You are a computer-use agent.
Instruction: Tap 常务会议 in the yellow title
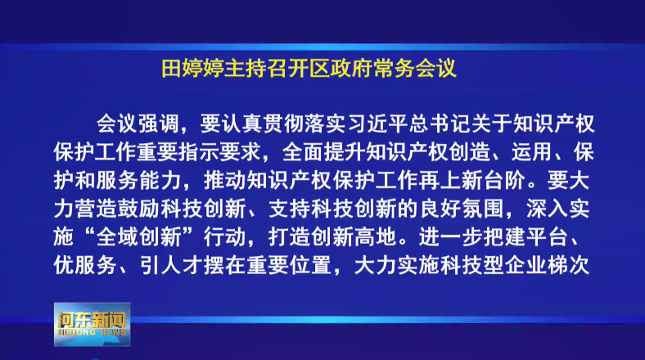coord(415,69)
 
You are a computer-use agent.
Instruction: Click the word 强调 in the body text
coord(158,124)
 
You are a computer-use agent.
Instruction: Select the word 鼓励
coord(138,209)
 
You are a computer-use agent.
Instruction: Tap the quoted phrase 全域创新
coord(138,237)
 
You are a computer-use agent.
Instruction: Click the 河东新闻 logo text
coord(92,319)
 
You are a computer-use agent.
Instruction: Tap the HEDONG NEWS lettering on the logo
coord(92,332)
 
